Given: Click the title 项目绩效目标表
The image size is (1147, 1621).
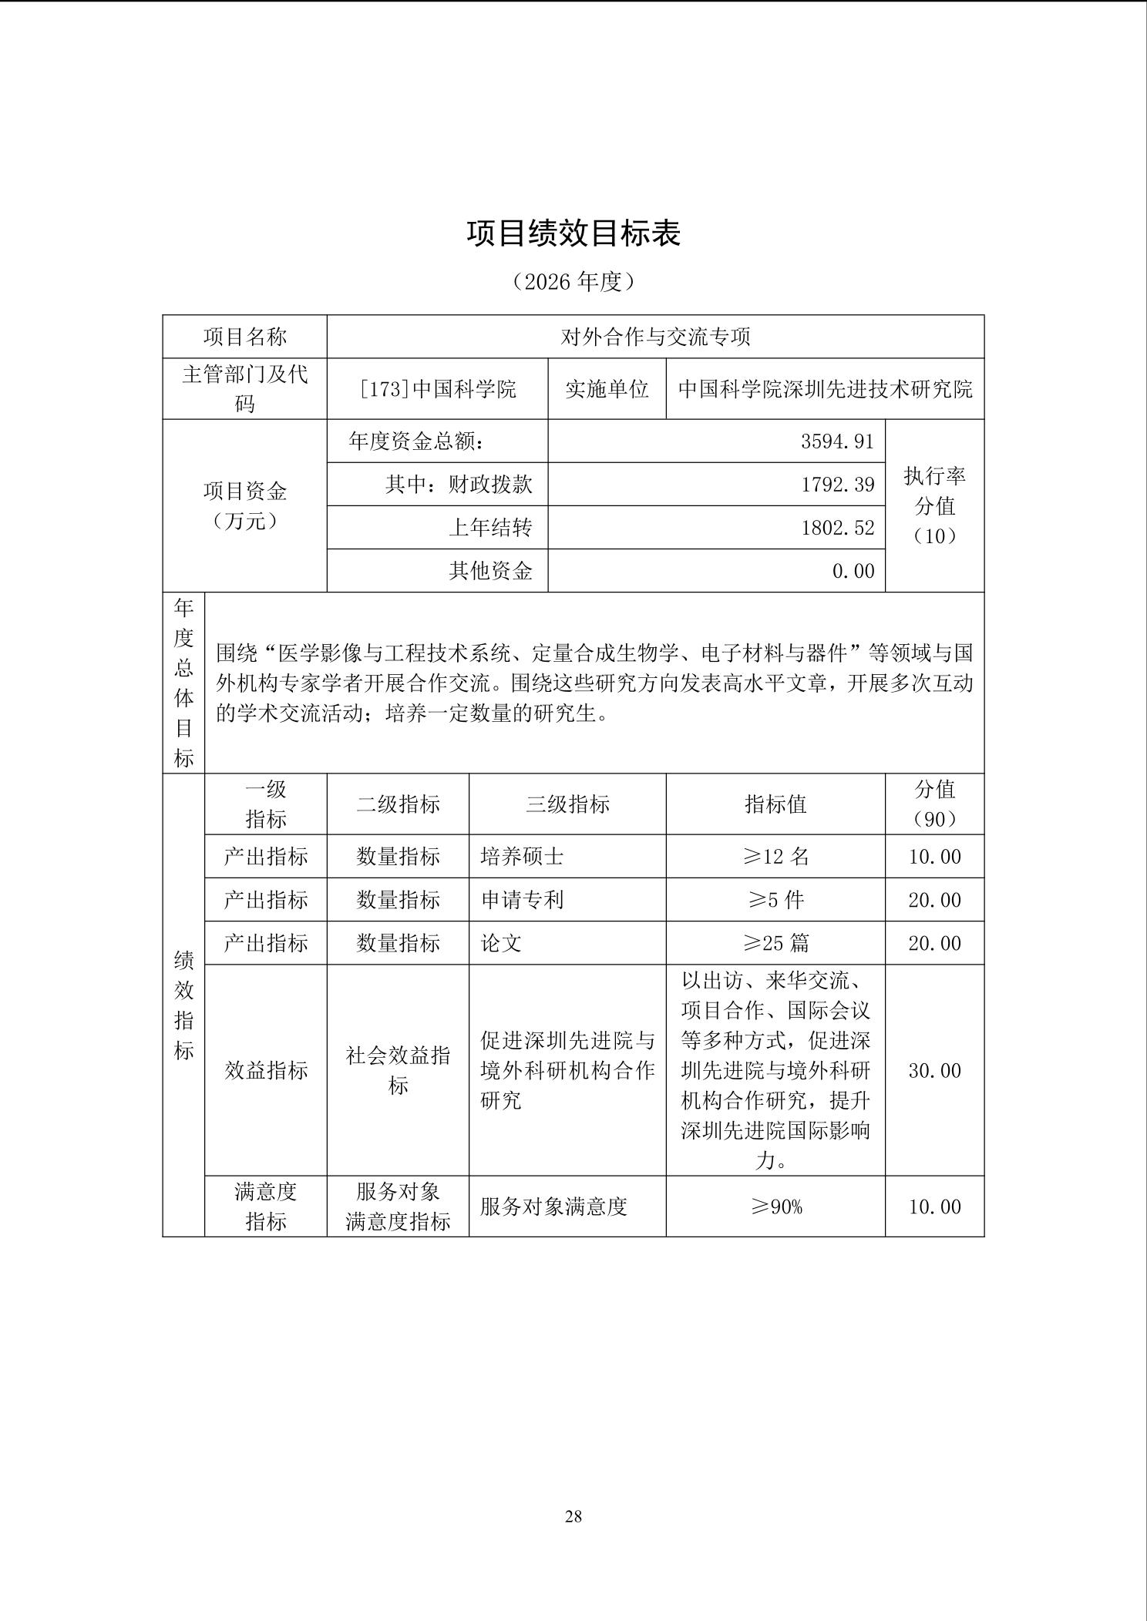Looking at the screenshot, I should [x=573, y=233].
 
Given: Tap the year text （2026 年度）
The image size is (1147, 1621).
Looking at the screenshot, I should [x=573, y=282].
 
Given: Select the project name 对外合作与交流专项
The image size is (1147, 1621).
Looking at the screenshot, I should [x=655, y=337].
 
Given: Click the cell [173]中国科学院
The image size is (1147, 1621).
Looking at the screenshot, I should [x=438, y=389].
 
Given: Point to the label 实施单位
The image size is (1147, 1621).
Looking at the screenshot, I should [x=607, y=389].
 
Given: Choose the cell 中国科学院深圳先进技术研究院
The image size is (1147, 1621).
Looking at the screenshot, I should [x=825, y=389].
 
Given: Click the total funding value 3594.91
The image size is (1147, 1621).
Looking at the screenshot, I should [x=837, y=441].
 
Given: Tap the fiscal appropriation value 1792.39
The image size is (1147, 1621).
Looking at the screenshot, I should [x=837, y=485].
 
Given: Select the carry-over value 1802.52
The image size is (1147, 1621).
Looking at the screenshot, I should [x=837, y=528].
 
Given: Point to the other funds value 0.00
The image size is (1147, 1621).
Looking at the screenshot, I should [x=853, y=571].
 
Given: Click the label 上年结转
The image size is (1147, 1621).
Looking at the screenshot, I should [x=490, y=528].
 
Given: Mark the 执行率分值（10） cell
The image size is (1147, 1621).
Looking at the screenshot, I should [x=934, y=506].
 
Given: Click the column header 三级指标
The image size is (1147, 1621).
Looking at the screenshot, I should [x=567, y=804].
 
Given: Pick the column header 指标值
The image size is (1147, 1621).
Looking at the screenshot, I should [x=775, y=804].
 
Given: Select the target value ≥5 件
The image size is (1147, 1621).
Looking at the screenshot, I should [x=775, y=900].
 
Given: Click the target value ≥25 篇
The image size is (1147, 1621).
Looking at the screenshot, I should [x=775, y=943].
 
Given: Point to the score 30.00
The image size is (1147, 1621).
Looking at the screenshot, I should [x=934, y=1070].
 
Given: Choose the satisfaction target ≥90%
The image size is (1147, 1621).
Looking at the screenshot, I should [x=775, y=1207].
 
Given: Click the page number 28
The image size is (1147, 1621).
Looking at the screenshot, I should [x=573, y=1516].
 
